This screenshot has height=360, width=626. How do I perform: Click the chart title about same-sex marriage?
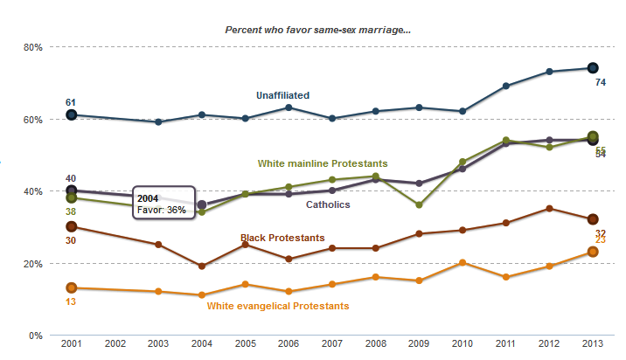pos(318,30)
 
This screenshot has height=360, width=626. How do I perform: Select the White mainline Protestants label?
pos(323,163)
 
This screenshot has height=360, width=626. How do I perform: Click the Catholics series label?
pos(328,204)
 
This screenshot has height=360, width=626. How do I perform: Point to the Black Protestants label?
pos(282,238)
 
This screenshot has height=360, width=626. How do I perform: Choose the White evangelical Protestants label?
pos(278,306)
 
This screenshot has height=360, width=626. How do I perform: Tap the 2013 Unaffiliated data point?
pos(592,68)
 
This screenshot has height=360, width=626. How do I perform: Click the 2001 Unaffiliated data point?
pos(72,114)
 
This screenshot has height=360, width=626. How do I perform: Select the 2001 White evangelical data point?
pos(72,288)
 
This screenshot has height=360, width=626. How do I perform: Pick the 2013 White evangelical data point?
pos(592,252)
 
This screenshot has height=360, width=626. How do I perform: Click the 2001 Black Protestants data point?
pos(72,226)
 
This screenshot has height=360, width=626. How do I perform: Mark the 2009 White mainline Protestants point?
pos(419,204)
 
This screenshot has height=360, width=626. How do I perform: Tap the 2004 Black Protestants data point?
pos(202,267)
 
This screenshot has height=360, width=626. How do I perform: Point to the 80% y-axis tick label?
pos(33,47)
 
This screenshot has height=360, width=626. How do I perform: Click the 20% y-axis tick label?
pos(33,264)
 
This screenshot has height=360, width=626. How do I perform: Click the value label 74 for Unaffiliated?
pos(602,82)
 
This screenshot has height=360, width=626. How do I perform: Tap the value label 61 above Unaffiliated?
pos(71,102)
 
